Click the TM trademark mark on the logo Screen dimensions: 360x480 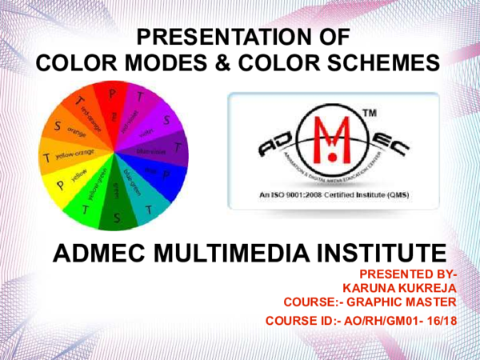pyautogui.click(x=370, y=117)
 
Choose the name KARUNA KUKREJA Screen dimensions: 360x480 pyautogui.click(x=398, y=288)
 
